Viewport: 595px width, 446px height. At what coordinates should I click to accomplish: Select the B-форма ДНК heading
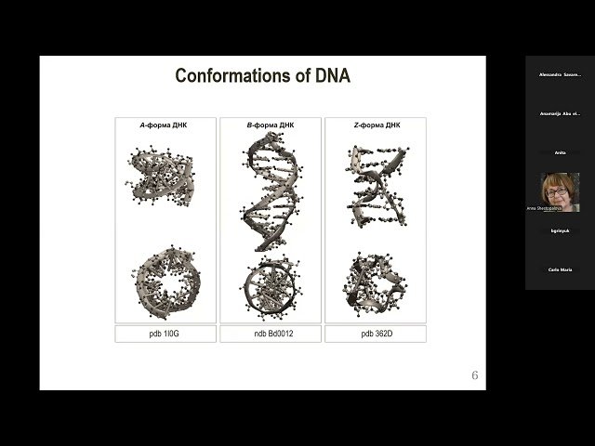click(x=270, y=125)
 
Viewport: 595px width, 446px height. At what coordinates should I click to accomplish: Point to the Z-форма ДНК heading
click(x=374, y=125)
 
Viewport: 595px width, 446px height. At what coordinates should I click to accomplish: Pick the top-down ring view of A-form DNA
click(x=165, y=280)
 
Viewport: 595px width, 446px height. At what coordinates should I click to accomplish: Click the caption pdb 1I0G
click(x=165, y=334)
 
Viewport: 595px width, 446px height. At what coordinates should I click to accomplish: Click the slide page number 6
click(x=475, y=375)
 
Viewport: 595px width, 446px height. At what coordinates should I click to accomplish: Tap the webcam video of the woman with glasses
click(x=559, y=190)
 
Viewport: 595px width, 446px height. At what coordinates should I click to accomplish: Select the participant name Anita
click(x=560, y=152)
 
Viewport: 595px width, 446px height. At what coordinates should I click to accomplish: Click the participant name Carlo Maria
click(x=560, y=269)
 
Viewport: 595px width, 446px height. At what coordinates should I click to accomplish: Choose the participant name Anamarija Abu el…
click(x=560, y=113)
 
